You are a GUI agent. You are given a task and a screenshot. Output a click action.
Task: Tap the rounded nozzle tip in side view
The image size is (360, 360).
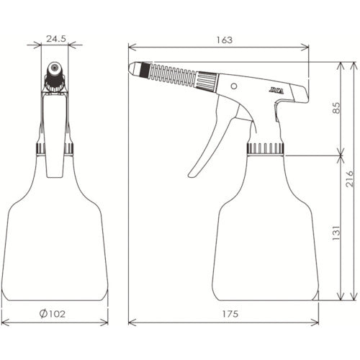(134, 68)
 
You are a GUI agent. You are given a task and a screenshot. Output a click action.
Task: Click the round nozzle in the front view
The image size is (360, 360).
(54, 70)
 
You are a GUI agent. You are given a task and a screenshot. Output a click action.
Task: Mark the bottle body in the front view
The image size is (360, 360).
(55, 238)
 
